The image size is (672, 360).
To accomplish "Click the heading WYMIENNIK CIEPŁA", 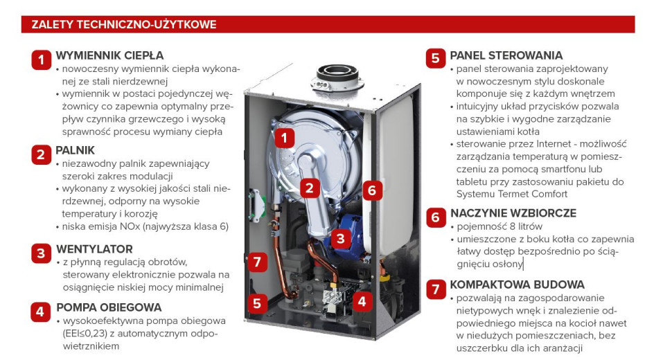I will click(x=109, y=55).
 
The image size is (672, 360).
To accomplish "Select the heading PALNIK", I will click(x=75, y=150).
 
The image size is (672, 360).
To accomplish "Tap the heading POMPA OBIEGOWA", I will click(x=109, y=307).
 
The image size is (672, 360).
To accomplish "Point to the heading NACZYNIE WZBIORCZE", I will click(x=513, y=213).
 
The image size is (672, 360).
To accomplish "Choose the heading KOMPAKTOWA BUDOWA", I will click(x=517, y=285).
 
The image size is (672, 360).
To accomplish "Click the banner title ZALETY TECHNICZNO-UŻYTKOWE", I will click(x=124, y=25).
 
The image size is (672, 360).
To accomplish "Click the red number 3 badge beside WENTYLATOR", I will click(x=42, y=253).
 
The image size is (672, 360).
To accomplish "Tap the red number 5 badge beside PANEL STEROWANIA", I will click(x=435, y=58).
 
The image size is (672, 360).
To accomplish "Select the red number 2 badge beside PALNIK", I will click(x=42, y=154).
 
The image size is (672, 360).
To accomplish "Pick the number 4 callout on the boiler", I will click(x=362, y=301).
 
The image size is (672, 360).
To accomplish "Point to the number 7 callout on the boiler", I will click(x=257, y=262).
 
